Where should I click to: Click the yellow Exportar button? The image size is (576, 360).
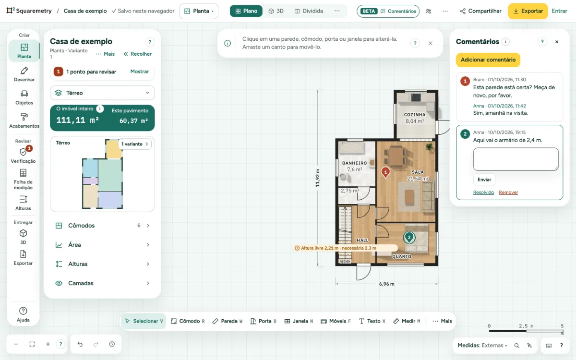[x=528, y=11]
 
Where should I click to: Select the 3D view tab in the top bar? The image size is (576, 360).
[x=276, y=11]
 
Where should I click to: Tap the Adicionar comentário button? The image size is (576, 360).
[x=488, y=60]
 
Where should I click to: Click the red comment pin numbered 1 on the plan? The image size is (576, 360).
[x=385, y=172]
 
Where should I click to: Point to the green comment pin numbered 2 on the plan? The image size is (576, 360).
[x=409, y=238]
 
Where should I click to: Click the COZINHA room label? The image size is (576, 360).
[x=415, y=115]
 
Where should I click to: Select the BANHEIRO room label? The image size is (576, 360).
[x=354, y=163]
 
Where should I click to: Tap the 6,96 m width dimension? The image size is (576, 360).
[x=386, y=284]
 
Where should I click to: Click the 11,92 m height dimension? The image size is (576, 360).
[x=318, y=178]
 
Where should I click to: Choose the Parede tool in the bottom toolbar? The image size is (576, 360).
[x=228, y=321]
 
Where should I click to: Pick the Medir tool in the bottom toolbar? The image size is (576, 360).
[x=407, y=321]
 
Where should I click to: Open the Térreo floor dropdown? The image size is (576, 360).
[x=102, y=93]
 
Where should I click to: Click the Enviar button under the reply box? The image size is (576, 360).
[x=484, y=180]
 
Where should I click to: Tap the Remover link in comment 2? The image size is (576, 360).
[x=508, y=192]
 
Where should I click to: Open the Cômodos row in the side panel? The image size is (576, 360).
[x=102, y=226]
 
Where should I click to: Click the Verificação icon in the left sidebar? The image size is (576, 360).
[x=23, y=152]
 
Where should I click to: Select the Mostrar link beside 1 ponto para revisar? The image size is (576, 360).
[x=139, y=72]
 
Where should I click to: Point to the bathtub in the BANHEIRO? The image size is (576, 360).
[x=351, y=148]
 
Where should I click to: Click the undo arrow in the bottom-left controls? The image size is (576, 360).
[x=80, y=344]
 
